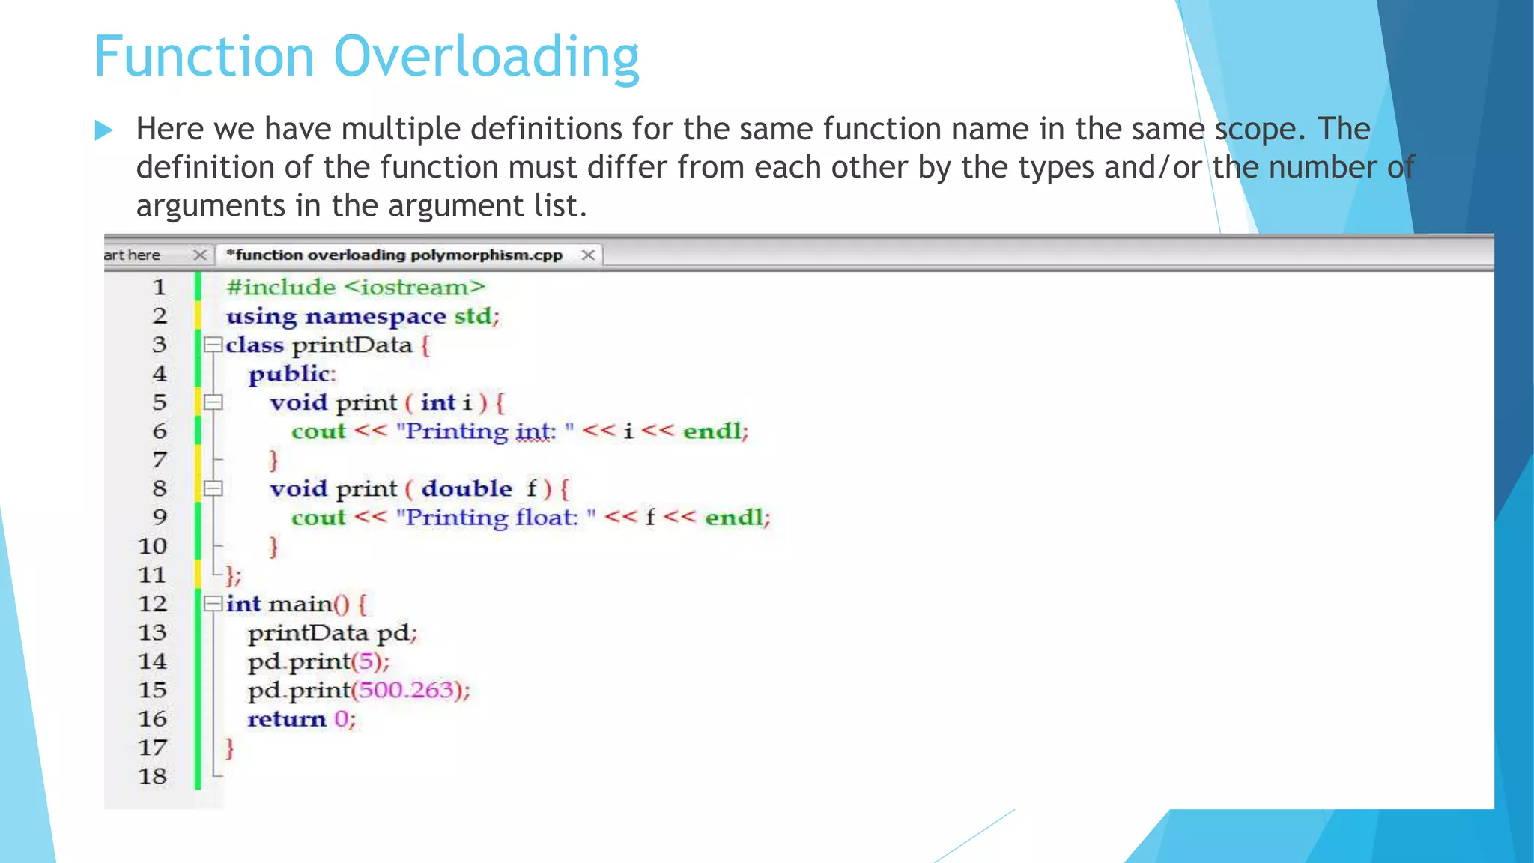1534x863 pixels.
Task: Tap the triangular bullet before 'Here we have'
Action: tap(104, 130)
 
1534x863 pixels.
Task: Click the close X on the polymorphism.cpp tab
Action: tap(589, 255)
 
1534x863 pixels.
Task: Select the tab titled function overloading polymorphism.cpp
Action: tap(395, 255)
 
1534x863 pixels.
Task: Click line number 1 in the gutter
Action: tap(159, 288)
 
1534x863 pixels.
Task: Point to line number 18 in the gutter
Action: tap(152, 776)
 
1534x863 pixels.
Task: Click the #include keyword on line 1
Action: tap(281, 288)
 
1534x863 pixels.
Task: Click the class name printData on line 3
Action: tap(352, 345)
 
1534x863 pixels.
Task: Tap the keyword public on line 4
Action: tap(289, 374)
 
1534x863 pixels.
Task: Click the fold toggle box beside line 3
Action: tap(213, 345)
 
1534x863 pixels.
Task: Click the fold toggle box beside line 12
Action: tap(213, 603)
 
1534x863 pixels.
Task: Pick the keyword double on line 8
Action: tap(467, 488)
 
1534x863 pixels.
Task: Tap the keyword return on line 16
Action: tap(287, 719)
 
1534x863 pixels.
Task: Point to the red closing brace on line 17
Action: tap(230, 748)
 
